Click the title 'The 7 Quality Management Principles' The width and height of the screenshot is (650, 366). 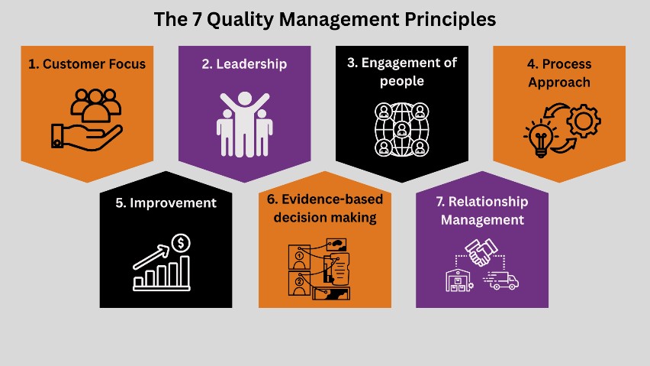click(x=324, y=20)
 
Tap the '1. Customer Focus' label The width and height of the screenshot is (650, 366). click(x=87, y=64)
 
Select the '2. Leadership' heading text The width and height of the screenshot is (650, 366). click(x=244, y=64)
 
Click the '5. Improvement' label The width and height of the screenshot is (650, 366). click(x=166, y=203)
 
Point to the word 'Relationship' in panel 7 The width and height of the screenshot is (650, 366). click(x=488, y=202)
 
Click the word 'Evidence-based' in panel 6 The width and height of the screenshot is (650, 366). click(x=332, y=199)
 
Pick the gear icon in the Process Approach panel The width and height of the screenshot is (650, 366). click(x=584, y=121)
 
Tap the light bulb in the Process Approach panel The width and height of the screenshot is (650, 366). click(x=541, y=138)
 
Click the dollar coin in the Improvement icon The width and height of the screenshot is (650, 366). click(x=181, y=243)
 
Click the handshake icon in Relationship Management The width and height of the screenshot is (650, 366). click(x=481, y=252)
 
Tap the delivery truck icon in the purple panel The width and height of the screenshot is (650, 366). click(x=501, y=281)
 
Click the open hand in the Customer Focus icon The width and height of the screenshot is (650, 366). click(x=87, y=137)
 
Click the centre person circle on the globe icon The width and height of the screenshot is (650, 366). click(x=402, y=129)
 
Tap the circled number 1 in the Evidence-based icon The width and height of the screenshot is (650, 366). click(x=299, y=256)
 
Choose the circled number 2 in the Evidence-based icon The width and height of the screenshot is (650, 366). click(x=299, y=282)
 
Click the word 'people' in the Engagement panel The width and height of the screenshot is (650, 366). click(x=402, y=81)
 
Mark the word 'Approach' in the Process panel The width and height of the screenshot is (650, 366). click(x=558, y=83)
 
